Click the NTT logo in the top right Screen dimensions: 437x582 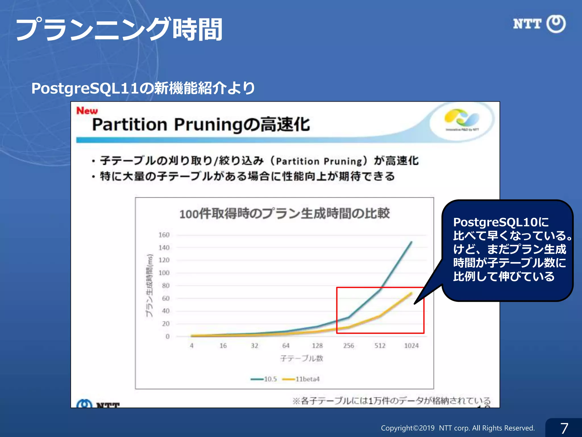[x=539, y=24]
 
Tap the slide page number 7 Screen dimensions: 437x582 [x=564, y=428]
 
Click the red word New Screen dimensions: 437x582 [x=87, y=111]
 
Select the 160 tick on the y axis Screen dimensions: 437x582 [x=164, y=235]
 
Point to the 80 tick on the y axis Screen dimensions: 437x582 [x=166, y=286]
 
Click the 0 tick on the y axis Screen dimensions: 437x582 [x=167, y=336]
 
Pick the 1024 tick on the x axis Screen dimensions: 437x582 [x=411, y=346]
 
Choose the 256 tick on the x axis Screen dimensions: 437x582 [x=348, y=346]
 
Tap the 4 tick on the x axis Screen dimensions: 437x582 [x=192, y=346]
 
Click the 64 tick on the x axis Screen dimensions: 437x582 [x=286, y=346]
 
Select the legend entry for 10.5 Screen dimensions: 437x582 [x=264, y=379]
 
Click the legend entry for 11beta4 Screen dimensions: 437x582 [x=301, y=379]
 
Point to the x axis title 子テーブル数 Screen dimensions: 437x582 [x=302, y=358]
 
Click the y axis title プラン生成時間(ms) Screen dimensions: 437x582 [x=149, y=285]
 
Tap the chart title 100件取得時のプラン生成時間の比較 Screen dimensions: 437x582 [x=284, y=213]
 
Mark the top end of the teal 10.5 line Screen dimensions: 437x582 [x=411, y=242]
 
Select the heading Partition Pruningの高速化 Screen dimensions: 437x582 [x=201, y=125]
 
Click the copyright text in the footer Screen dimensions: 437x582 [x=458, y=428]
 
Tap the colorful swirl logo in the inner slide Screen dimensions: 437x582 [x=462, y=118]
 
